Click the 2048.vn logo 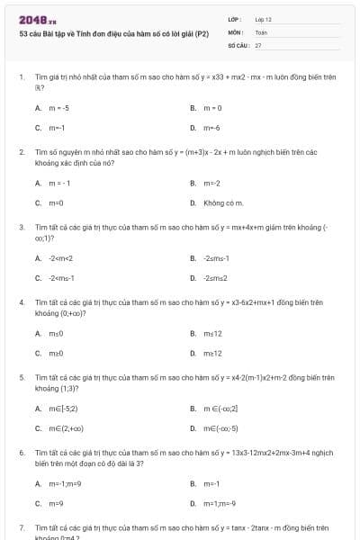(x=37, y=20)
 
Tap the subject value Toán (x=261, y=31)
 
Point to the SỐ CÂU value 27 (x=258, y=44)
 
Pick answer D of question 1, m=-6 (x=211, y=128)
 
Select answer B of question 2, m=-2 (x=211, y=183)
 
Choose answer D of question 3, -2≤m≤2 (x=215, y=278)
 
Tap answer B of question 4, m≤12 (x=212, y=333)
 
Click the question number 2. (x=21, y=152)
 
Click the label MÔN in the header (x=235, y=31)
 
